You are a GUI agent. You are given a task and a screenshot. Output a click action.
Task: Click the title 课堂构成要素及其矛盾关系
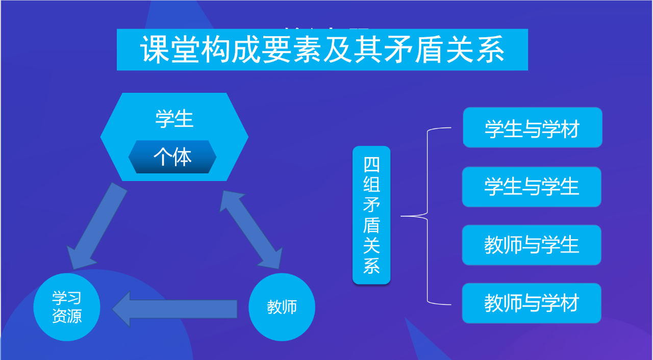point(322,49)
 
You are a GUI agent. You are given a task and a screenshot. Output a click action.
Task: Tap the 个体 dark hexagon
point(172,157)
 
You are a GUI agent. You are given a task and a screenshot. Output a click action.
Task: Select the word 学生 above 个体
point(174,119)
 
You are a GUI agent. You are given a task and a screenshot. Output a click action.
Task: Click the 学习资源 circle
point(67,307)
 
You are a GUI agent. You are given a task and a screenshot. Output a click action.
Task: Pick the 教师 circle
point(282,307)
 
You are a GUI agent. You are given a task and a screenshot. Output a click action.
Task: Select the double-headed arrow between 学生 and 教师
point(250,229)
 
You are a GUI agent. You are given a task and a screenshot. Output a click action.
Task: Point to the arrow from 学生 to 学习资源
point(96,226)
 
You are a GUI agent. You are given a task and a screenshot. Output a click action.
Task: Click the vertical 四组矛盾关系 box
point(371,215)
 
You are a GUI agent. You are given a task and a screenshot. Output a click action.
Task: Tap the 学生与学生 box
point(532,187)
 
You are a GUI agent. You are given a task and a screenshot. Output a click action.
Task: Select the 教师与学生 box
point(532,245)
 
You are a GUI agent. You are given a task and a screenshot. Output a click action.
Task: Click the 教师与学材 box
point(532,303)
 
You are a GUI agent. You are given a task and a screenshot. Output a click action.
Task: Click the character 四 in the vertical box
point(371,165)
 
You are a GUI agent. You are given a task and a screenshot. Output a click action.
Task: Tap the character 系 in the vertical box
point(371,266)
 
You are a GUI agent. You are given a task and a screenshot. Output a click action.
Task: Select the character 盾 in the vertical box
point(371,225)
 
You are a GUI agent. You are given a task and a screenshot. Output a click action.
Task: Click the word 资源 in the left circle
point(67,317)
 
